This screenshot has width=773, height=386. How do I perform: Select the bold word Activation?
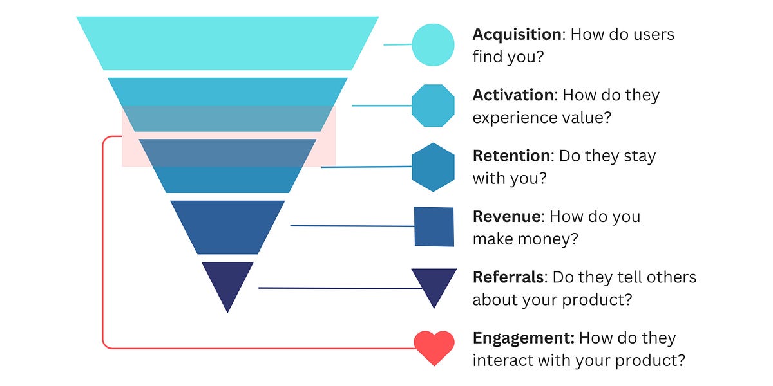tap(513, 95)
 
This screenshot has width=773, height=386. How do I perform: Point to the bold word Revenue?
tap(506, 216)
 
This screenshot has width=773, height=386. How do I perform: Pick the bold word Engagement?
tap(522, 338)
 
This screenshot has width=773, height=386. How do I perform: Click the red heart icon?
tap(434, 347)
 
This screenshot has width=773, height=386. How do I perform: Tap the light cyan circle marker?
tap(433, 44)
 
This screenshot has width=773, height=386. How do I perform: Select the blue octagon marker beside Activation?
tap(433, 106)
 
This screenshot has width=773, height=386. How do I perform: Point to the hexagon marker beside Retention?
tap(433, 167)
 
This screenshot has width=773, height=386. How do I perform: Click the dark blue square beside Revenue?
tap(434, 226)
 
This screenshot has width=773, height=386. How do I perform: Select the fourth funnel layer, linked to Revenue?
tap(227, 226)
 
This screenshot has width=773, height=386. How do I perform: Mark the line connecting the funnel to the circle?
tap(397, 44)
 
